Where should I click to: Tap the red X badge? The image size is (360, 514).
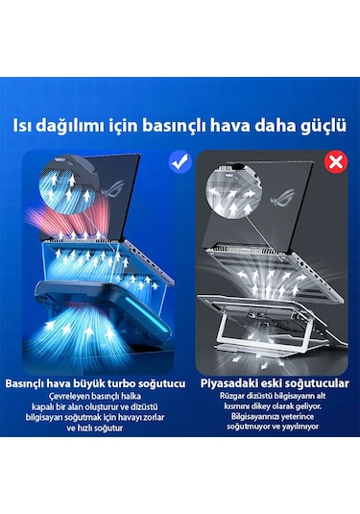click(x=336, y=162)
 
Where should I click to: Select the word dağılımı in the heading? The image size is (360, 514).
click(x=73, y=125)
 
